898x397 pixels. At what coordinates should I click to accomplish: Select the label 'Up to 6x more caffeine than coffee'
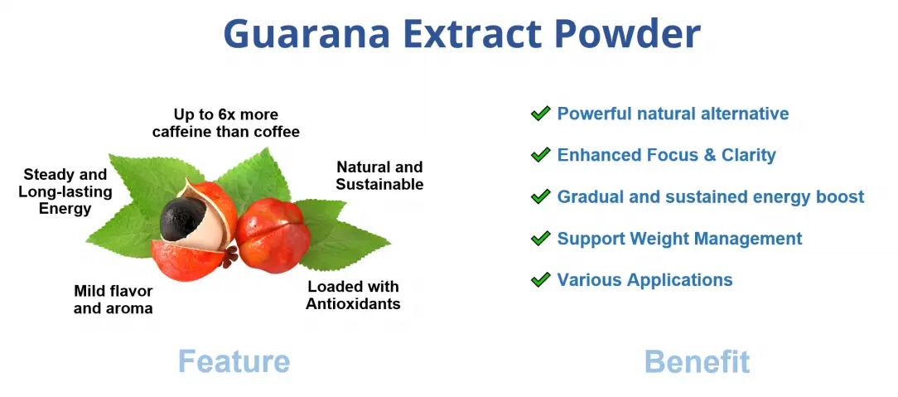tap(225, 123)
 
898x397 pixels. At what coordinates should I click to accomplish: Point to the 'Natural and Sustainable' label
tap(379, 176)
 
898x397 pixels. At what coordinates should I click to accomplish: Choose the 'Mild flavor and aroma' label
tap(113, 299)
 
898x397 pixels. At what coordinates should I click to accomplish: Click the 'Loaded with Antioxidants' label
tap(353, 295)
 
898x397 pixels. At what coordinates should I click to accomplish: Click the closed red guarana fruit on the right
tap(273, 236)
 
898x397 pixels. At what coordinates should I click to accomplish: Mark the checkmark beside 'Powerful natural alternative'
tap(541, 114)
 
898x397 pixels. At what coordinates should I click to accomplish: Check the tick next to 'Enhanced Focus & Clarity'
tap(541, 155)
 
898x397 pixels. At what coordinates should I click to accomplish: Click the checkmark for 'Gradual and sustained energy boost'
tap(541, 196)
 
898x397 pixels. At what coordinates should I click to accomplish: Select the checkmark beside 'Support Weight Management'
tap(541, 239)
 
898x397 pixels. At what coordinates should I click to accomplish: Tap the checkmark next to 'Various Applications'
tap(541, 280)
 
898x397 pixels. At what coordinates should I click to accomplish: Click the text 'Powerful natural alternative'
tap(673, 114)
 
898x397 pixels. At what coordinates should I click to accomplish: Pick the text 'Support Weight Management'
tap(679, 239)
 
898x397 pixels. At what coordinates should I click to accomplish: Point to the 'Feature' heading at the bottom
tap(234, 361)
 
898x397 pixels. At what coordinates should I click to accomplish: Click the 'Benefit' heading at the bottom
tap(697, 361)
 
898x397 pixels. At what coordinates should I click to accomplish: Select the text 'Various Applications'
tap(645, 280)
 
